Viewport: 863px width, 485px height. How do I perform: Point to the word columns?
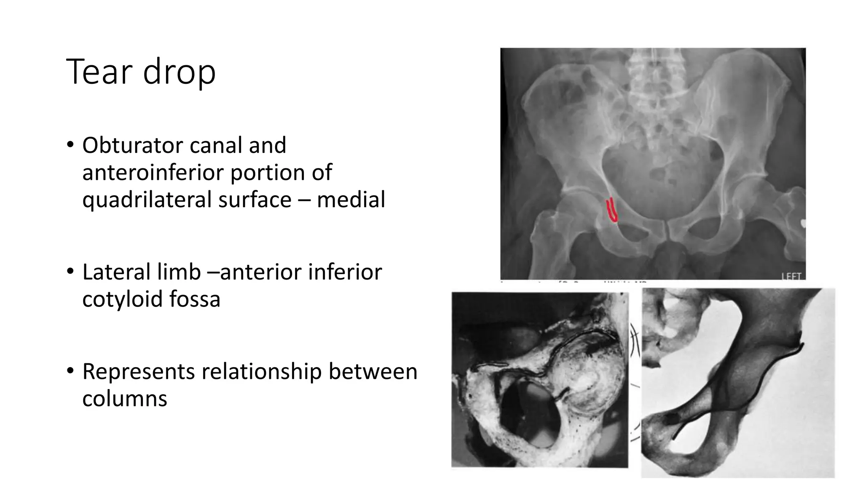(x=125, y=399)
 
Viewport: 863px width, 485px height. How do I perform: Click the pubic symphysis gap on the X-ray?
(x=665, y=229)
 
